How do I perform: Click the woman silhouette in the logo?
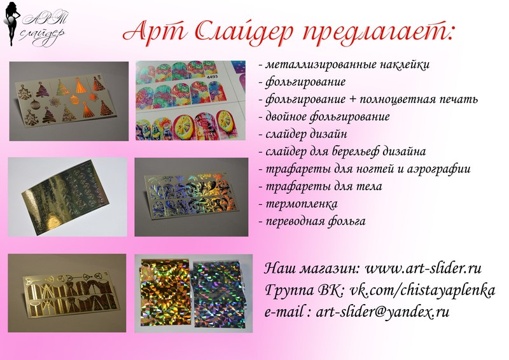(x=12, y=24)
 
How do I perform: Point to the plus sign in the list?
(x=352, y=99)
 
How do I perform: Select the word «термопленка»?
(x=302, y=204)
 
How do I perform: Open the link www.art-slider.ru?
(x=423, y=268)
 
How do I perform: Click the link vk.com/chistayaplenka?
(x=422, y=290)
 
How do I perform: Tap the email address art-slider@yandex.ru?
(x=382, y=312)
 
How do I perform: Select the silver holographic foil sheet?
(x=219, y=294)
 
